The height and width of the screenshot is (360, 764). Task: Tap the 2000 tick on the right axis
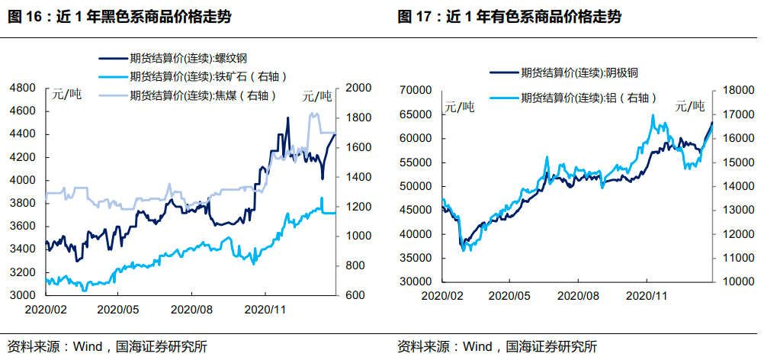click(359, 88)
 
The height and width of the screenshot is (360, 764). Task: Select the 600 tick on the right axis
click(356, 295)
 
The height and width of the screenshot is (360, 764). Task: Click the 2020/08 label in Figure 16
click(191, 310)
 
